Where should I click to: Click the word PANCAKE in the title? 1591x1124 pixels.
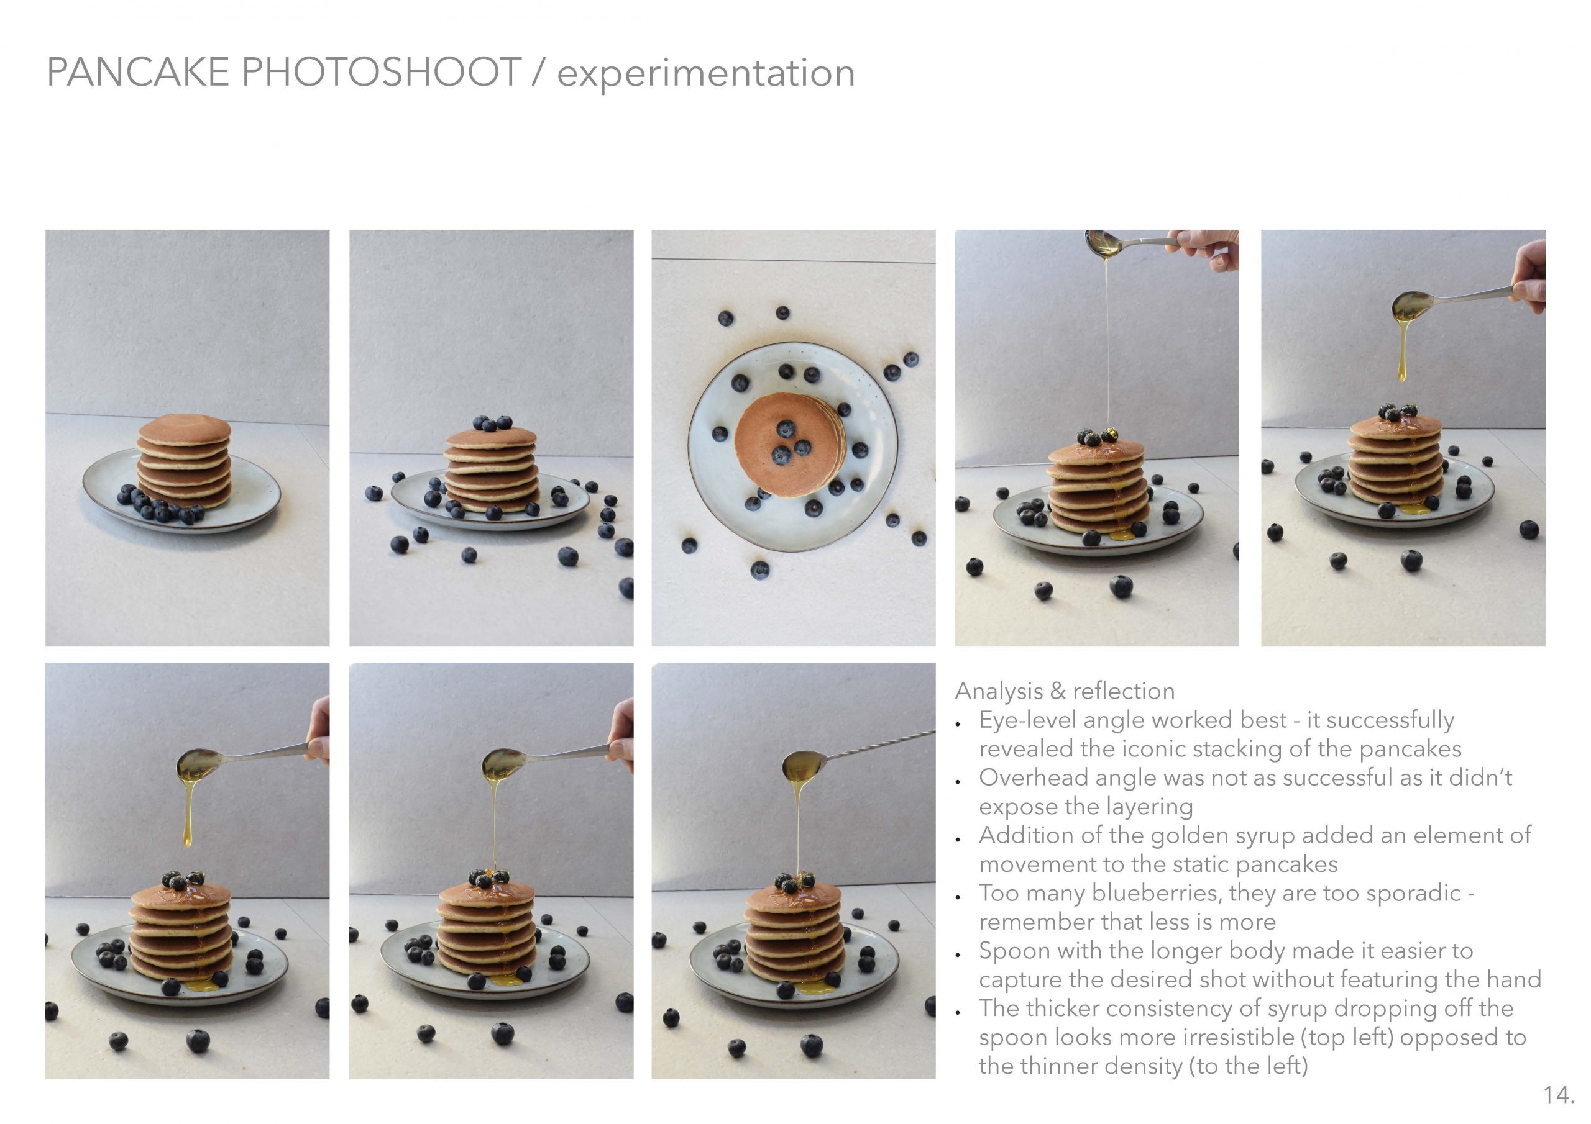[138, 72]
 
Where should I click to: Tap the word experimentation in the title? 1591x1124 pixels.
[706, 73]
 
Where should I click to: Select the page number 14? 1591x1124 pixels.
[1559, 1095]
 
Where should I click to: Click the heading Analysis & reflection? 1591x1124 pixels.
[1065, 691]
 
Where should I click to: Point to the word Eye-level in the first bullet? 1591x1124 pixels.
[1027, 721]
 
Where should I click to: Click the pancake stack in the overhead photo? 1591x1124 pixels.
[790, 445]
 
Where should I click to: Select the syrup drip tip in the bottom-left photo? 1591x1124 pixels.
[187, 842]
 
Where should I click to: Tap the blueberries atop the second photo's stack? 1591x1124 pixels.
[492, 422]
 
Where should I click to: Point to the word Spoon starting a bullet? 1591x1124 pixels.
[1013, 951]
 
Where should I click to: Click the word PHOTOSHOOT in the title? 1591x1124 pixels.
[381, 72]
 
